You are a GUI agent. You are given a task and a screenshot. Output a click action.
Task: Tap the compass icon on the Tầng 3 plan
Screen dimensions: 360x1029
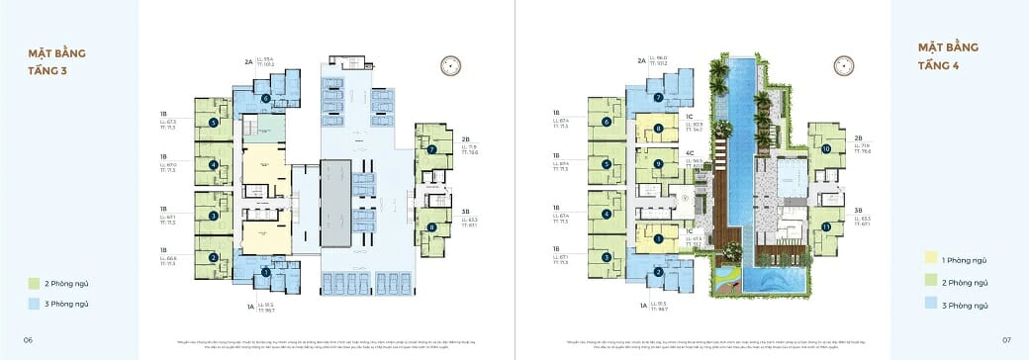point(451,66)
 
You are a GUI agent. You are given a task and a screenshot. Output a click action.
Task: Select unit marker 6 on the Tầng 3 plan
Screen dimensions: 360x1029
point(266,98)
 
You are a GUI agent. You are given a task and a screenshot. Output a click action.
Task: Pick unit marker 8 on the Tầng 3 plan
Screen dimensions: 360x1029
point(432,226)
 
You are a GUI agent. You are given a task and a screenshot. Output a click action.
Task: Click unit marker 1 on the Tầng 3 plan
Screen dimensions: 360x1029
point(266,273)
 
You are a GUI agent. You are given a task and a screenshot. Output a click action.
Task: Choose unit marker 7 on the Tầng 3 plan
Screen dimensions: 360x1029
point(432,150)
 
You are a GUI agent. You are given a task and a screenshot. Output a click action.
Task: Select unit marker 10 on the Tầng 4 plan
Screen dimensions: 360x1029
point(825,149)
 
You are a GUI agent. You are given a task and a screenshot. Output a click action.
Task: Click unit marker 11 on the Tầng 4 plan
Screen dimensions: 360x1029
point(825,226)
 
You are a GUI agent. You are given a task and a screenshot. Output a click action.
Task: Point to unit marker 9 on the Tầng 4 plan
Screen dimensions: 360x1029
point(657,163)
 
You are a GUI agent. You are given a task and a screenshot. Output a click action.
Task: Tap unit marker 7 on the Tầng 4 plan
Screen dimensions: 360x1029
point(659,98)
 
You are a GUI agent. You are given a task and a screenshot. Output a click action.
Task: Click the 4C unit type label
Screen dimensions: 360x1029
point(690,153)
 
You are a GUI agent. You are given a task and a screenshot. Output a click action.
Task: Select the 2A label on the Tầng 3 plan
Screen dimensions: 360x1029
point(249,61)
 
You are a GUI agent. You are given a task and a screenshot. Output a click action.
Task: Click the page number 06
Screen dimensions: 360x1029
point(29,339)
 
